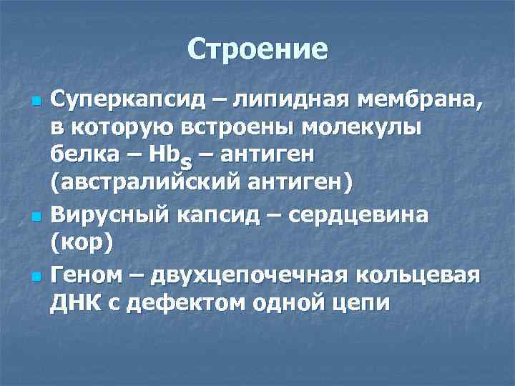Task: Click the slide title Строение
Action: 257,49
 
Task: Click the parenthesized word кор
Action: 82,242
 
